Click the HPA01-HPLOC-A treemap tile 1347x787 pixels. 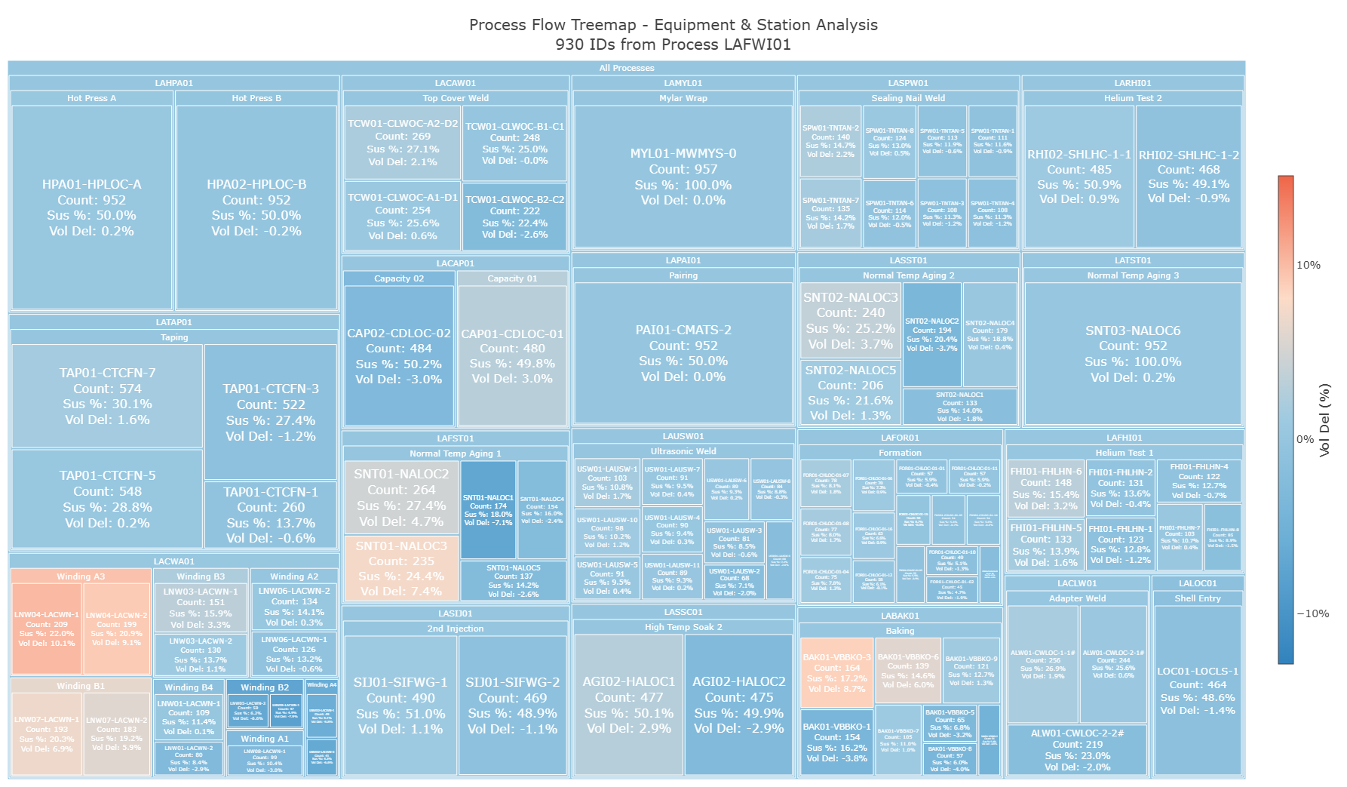point(91,208)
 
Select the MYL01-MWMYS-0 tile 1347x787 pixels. point(683,177)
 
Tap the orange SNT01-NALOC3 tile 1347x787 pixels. point(401,568)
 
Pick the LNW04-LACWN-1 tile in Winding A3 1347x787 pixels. point(47,629)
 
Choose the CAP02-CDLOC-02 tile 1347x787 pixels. point(399,355)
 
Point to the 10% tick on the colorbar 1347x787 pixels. point(1308,265)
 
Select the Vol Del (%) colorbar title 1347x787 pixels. point(1324,420)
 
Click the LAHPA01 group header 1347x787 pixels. point(173,83)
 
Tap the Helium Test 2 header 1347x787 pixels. point(1133,98)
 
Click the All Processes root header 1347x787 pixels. point(626,68)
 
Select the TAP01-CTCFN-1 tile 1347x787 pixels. point(271,515)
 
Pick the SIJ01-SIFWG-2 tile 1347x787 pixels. point(512,705)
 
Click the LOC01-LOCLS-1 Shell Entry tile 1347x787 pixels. point(1198,690)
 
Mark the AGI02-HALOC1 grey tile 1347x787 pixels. point(629,705)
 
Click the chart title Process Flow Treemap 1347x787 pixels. point(673,25)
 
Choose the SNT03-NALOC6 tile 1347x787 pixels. point(1133,353)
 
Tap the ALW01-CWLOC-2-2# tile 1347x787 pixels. point(1077,749)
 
